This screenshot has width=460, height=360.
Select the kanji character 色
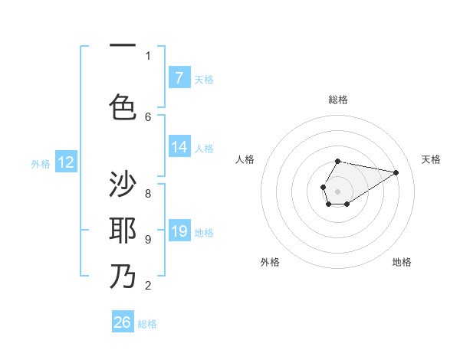click(x=123, y=106)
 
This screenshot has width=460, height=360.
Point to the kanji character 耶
click(x=123, y=231)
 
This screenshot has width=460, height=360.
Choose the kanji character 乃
click(x=123, y=276)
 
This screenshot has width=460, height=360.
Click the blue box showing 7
click(x=179, y=77)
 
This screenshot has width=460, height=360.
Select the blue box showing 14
click(x=179, y=147)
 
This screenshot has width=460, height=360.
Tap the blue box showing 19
click(x=179, y=231)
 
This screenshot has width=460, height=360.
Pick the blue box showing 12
click(x=66, y=162)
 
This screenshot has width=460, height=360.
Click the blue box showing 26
click(x=123, y=322)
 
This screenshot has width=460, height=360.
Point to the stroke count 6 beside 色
click(x=148, y=116)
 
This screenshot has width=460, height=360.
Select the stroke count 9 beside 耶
click(x=148, y=240)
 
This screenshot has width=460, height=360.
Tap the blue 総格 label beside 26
click(x=147, y=324)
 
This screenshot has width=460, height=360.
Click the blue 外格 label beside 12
click(x=41, y=163)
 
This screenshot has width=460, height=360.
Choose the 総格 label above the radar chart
click(x=338, y=100)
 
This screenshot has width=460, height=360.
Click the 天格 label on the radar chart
click(x=431, y=159)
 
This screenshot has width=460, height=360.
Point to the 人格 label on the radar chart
click(x=245, y=159)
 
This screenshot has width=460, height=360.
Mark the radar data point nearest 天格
click(x=396, y=172)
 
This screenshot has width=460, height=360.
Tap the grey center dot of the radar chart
click(x=337, y=190)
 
